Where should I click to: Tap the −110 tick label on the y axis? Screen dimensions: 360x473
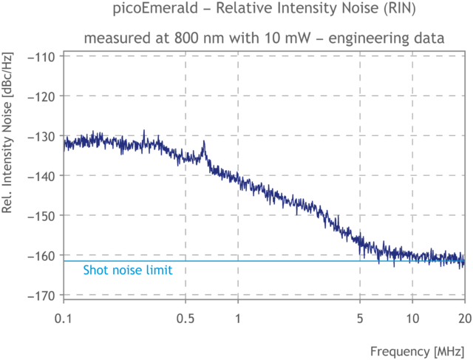coord(43,56)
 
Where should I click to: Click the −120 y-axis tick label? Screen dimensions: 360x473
coord(43,96)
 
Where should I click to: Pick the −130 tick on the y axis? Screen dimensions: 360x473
coord(43,136)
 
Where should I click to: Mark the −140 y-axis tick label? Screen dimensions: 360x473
coord(43,176)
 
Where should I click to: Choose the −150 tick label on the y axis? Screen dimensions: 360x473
coord(43,216)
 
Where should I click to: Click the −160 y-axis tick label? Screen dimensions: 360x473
coord(43,256)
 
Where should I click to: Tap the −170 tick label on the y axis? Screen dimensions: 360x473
coord(43,296)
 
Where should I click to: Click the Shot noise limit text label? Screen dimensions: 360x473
coord(127,271)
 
